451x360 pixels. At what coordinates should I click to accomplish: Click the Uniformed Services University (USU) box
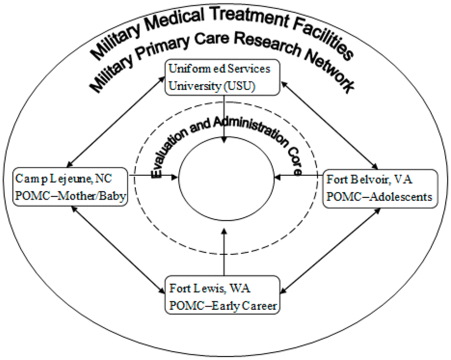[222, 78]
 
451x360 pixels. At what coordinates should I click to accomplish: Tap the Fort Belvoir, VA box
[381, 188]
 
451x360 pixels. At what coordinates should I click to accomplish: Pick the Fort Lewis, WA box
[222, 295]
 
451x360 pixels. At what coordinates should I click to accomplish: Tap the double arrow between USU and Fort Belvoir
[329, 124]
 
